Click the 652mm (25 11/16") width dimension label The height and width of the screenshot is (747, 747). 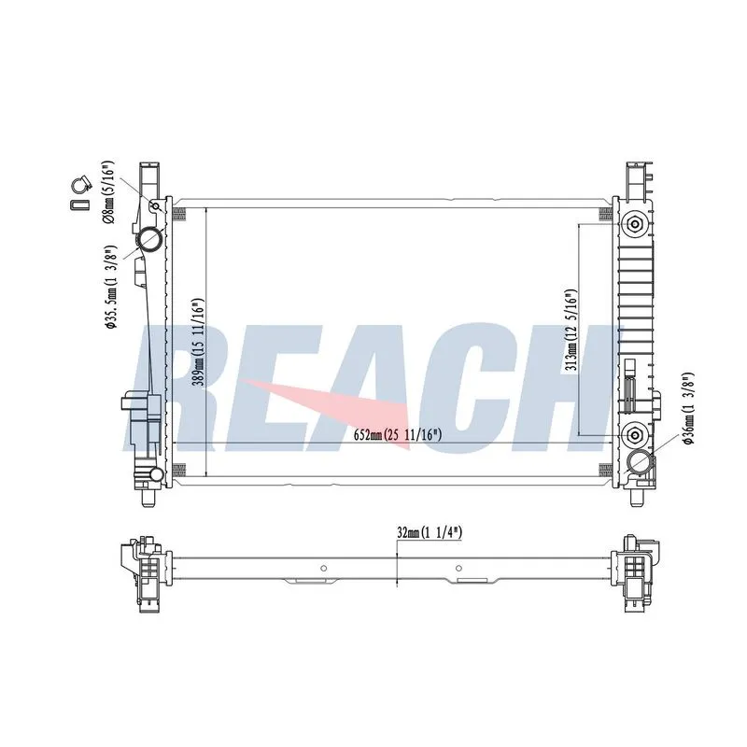coord(398,434)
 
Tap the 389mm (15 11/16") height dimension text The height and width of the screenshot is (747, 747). coord(199,342)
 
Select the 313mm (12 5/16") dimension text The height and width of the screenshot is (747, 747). coord(571,331)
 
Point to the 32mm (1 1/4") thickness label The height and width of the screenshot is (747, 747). coord(430,532)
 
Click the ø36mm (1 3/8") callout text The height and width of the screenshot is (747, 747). coord(688,409)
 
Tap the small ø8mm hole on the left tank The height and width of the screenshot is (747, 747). coord(155,206)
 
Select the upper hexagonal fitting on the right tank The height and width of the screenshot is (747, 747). coord(634,223)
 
